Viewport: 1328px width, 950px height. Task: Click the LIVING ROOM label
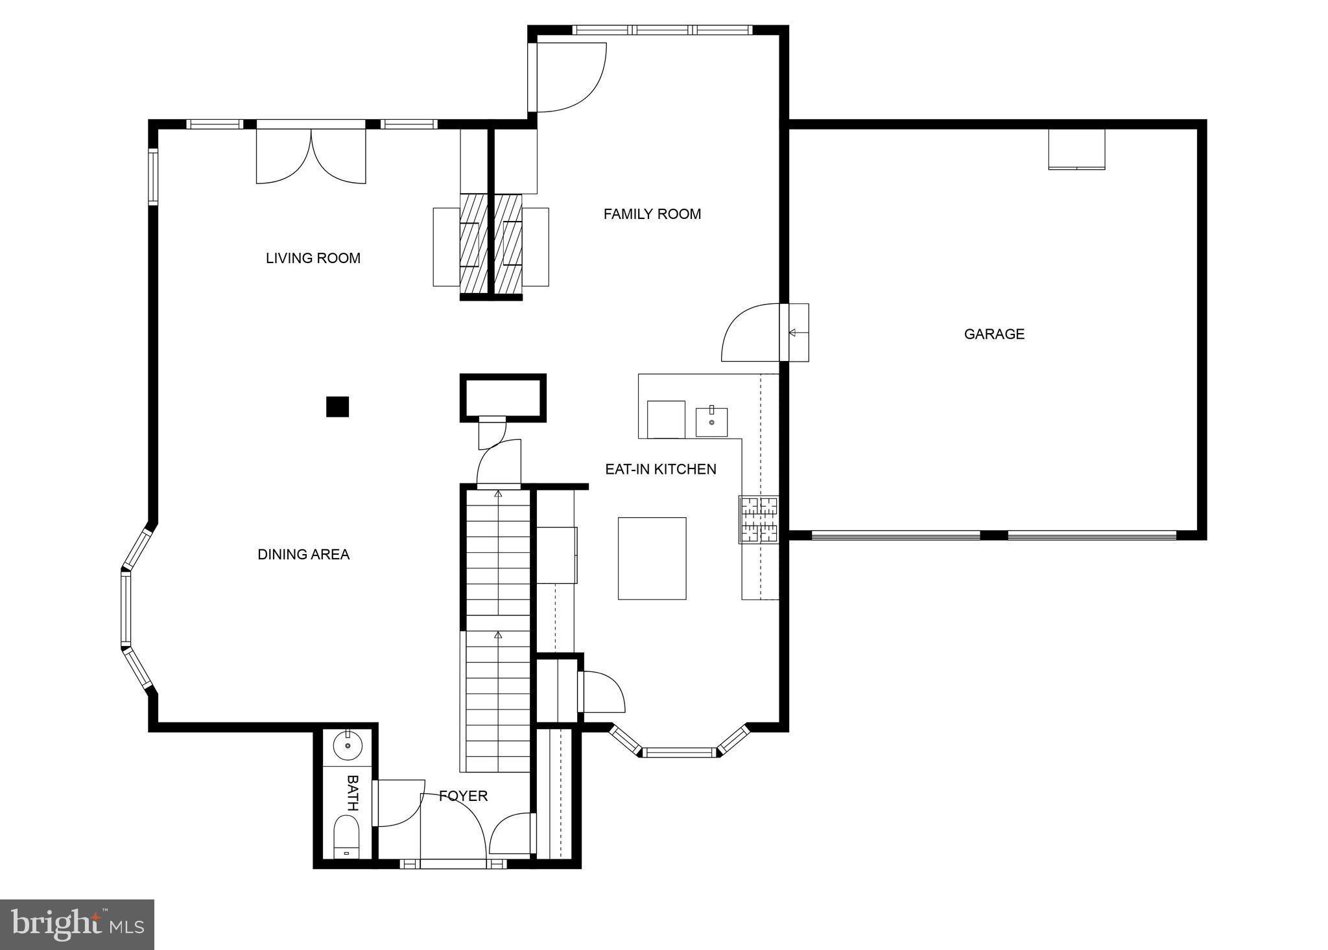(313, 258)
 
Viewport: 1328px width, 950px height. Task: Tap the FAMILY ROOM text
(652, 214)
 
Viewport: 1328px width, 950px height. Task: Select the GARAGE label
(994, 334)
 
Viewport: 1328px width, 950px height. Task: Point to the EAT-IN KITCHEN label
(660, 469)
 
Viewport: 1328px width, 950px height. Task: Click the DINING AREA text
(303, 554)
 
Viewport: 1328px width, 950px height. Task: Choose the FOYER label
(463, 796)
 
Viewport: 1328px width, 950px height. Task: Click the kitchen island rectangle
(652, 558)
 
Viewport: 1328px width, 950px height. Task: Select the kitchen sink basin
(711, 422)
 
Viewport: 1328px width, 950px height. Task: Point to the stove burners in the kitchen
(759, 519)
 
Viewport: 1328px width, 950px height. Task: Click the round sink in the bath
(348, 746)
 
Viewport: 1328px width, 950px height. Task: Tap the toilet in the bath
(346, 837)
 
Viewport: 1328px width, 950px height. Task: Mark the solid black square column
(337, 406)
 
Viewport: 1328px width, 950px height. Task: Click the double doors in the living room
(311, 156)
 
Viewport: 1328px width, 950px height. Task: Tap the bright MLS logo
(77, 924)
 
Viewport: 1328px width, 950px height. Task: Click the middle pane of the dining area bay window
(126, 608)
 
